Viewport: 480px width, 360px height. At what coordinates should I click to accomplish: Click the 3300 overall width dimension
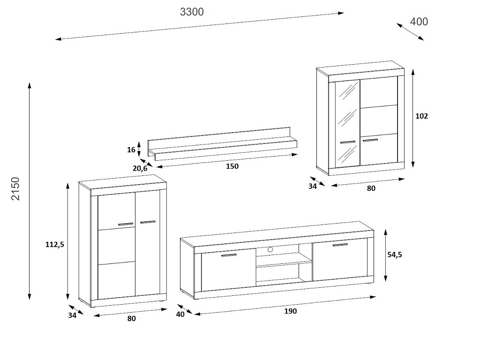point(192,12)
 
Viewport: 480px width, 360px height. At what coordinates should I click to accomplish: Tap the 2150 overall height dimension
point(16,188)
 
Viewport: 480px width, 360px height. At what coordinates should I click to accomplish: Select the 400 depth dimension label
point(419,22)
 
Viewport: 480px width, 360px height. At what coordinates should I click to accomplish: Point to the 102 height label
point(422,116)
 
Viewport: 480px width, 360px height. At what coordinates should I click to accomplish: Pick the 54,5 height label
point(395,255)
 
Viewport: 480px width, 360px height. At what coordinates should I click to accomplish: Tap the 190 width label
point(290,311)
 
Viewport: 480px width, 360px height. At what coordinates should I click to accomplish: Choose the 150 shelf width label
point(232,166)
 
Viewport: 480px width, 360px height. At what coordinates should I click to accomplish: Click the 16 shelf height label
point(131,150)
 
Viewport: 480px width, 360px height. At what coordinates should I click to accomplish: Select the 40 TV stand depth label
point(180,314)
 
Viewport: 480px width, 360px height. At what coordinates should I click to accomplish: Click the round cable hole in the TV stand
point(270,249)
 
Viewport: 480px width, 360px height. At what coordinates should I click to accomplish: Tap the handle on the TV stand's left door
point(229,255)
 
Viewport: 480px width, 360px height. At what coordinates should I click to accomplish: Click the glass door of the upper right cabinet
point(347,123)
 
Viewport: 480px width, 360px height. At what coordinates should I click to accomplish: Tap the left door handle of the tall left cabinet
point(126,224)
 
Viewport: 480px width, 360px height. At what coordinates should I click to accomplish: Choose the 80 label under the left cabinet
point(131,319)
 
